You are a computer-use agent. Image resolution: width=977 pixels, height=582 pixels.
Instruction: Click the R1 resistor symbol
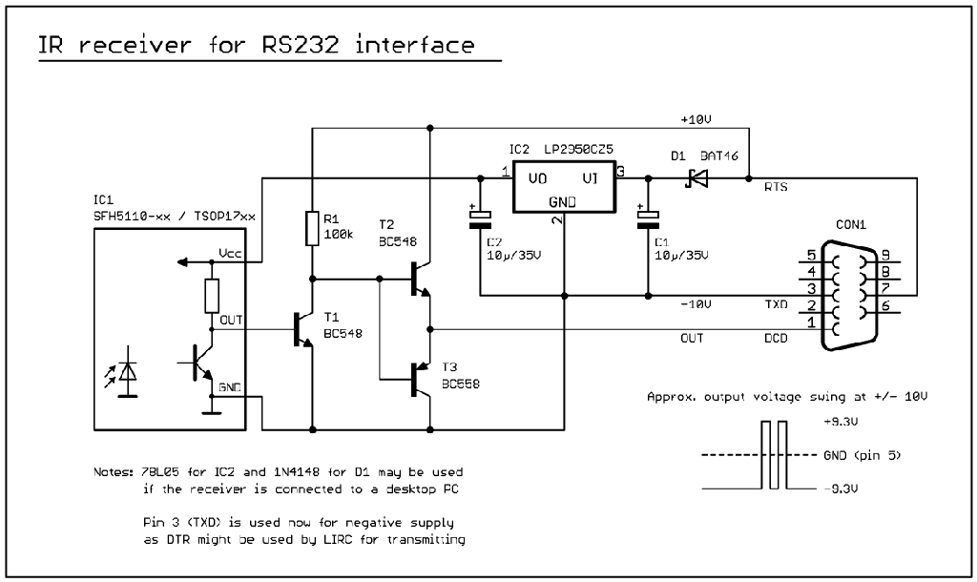pos(312,229)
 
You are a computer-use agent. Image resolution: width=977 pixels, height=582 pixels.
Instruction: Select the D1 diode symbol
pos(696,177)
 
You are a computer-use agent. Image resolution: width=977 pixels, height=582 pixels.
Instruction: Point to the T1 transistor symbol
pos(301,329)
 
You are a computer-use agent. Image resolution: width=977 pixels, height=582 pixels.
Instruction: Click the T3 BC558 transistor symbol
pos(420,379)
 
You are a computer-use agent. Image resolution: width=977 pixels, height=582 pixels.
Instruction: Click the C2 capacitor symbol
pos(480,218)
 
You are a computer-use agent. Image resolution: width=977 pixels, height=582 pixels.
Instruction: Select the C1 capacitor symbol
pos(648,218)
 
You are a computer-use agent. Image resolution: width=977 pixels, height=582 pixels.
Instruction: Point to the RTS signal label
pos(775,188)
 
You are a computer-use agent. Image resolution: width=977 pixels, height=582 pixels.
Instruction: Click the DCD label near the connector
pos(776,338)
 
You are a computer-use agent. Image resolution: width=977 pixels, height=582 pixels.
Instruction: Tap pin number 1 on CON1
pos(812,322)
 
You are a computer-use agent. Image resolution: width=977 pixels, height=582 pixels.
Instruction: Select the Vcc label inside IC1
pos(230,254)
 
